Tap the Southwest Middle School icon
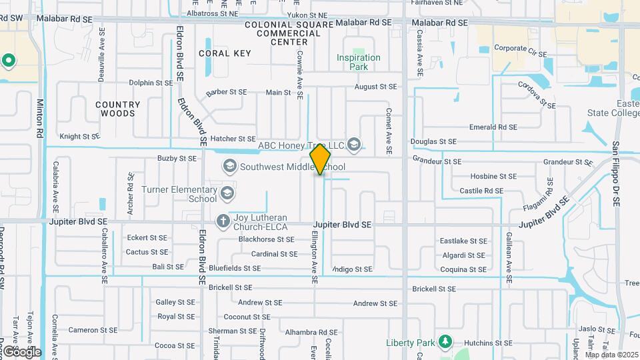point(230,165)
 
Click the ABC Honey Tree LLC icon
point(354,144)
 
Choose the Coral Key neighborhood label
point(225,53)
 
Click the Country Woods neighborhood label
point(118,109)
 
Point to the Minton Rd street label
point(40,119)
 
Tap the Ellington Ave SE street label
point(314,257)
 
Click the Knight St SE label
point(79,136)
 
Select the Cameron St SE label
point(93,329)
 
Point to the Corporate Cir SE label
point(521,48)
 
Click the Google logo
point(21,351)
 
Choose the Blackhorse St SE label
point(266,239)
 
